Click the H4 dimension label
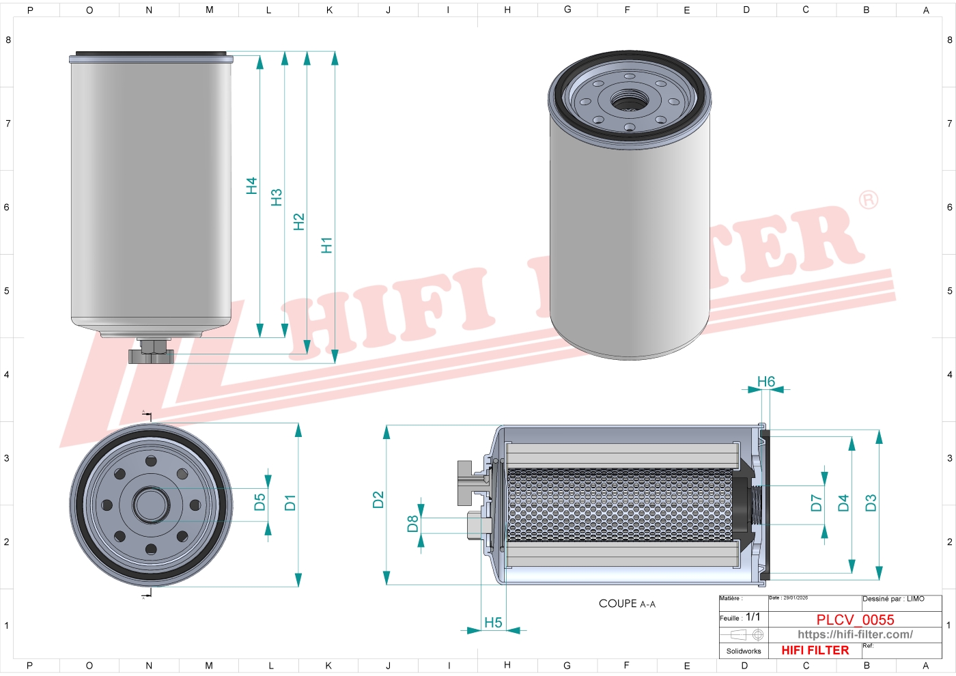tap(251, 186)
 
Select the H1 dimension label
tap(326, 245)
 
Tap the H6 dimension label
tap(766, 382)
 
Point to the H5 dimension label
tap(493, 622)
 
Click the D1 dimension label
tap(290, 503)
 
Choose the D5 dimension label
tap(259, 503)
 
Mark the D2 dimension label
tap(378, 500)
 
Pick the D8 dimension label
tap(412, 524)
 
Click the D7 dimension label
tap(816, 503)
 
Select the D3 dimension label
tap(871, 503)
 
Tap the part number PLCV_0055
tap(855, 619)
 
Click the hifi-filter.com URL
tap(855, 634)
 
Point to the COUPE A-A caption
tap(627, 604)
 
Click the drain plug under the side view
tap(151, 354)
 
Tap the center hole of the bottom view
tap(151, 505)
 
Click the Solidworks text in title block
tap(744, 651)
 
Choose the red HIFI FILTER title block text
tap(815, 650)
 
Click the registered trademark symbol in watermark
tap(868, 200)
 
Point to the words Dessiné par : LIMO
tap(893, 599)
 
